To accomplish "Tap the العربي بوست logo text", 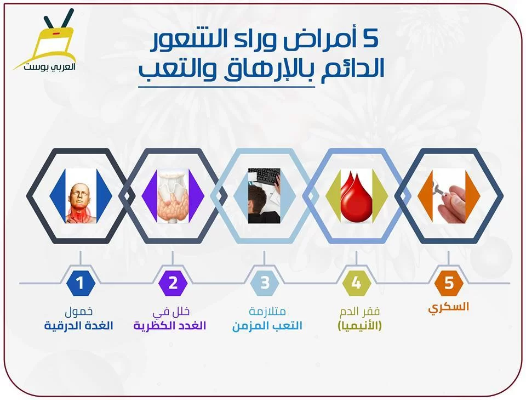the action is click(49, 66).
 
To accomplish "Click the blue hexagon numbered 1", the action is click(80, 283).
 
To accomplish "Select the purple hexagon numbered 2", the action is click(173, 283).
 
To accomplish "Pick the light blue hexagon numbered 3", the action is click(265, 283).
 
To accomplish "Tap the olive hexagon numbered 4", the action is click(357, 283).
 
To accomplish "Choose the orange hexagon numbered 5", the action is click(449, 283).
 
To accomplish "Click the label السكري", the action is click(449, 307).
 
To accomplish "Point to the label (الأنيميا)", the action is click(359, 326).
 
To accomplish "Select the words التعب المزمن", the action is click(267, 326).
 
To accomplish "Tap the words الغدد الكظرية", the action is click(170, 326).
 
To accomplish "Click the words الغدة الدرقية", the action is click(78, 326).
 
